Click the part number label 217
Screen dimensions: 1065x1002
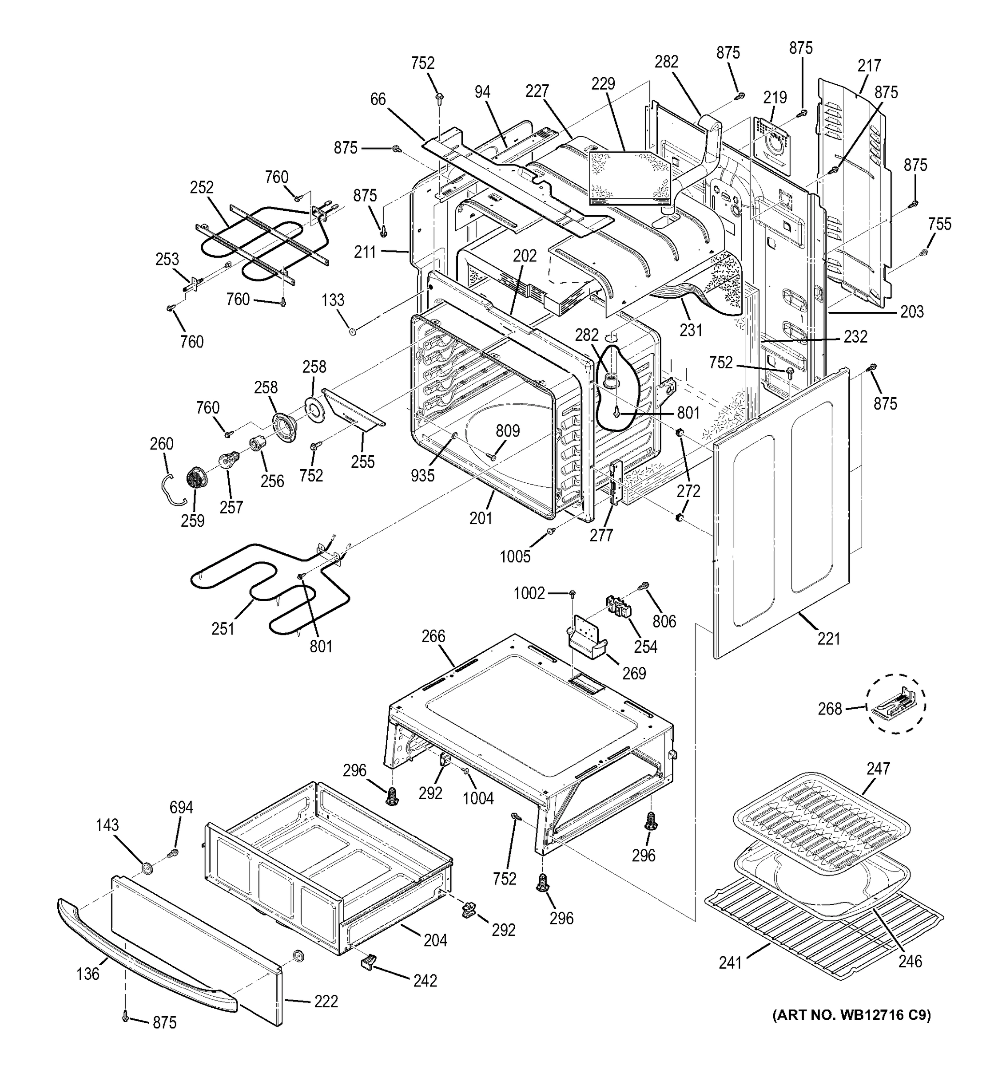(869, 66)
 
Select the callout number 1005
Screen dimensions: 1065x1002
(515, 556)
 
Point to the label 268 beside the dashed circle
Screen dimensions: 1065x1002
(830, 709)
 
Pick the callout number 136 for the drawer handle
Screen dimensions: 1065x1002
(87, 974)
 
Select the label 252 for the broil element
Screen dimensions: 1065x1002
(202, 188)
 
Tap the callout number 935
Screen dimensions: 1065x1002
(422, 475)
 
